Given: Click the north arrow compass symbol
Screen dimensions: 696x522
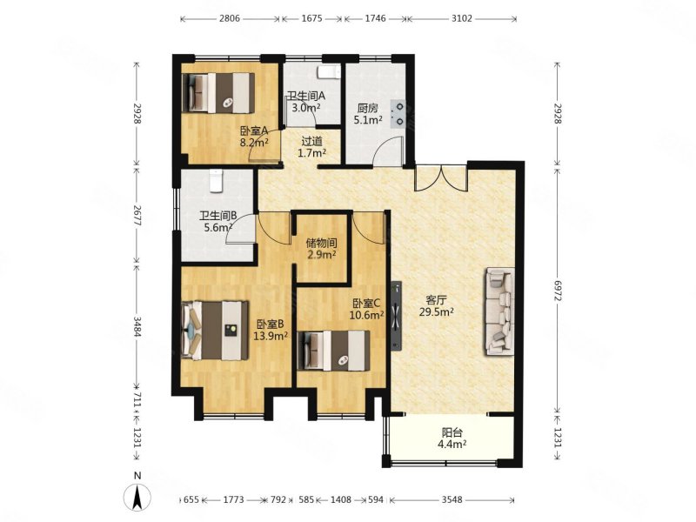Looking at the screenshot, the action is tap(137, 497).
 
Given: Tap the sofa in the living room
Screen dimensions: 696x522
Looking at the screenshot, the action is tap(500, 311).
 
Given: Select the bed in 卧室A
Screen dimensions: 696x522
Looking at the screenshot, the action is tap(218, 93).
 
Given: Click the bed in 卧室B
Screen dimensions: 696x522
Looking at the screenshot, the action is tap(216, 331).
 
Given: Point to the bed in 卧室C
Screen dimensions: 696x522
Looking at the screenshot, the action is tap(334, 351).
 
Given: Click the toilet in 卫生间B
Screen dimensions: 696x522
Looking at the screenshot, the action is tap(216, 181).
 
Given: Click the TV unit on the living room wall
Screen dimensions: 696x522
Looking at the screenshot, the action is tap(397, 316).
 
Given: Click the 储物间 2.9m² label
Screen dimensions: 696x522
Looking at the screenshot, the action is tap(321, 249).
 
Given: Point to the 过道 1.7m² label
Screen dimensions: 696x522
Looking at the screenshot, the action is tap(312, 147).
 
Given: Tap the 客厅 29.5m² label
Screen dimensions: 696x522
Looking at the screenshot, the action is tap(437, 305).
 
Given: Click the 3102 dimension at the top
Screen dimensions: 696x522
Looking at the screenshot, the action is tap(462, 18).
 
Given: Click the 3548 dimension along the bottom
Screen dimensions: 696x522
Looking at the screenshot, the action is tap(452, 499).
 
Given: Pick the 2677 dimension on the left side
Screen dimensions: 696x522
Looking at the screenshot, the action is tap(137, 215).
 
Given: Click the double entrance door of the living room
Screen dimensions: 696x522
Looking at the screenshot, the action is tap(441, 177).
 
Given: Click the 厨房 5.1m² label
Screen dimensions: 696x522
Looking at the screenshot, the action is tap(368, 114).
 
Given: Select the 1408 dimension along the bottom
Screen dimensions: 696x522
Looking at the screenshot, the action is tap(341, 499).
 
